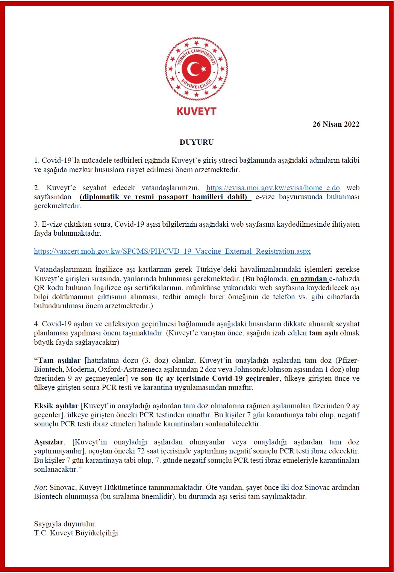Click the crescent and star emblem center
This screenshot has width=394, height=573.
coord(197,69)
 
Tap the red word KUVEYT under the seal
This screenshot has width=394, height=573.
coord(196,111)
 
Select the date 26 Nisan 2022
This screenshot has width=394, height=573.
coord(336,124)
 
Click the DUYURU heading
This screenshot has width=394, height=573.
coord(196,142)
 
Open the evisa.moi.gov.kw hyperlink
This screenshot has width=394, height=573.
coord(273,188)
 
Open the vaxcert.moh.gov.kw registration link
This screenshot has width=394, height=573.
coord(172,251)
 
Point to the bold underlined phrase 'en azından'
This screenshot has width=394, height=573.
coord(309,279)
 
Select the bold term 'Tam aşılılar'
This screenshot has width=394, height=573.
coord(57,360)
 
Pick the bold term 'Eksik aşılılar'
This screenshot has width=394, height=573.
coord(56,406)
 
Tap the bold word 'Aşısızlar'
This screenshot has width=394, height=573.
coord(49,442)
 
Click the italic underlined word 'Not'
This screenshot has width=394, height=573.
coord(39,487)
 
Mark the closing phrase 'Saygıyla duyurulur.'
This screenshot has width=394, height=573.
coord(65,524)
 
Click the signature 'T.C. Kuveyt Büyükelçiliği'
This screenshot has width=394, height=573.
coord(76,533)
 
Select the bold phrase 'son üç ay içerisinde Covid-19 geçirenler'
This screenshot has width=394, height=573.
coord(210,378)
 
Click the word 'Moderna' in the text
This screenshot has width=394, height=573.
coord(80,369)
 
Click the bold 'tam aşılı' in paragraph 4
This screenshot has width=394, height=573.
coord(323,333)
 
